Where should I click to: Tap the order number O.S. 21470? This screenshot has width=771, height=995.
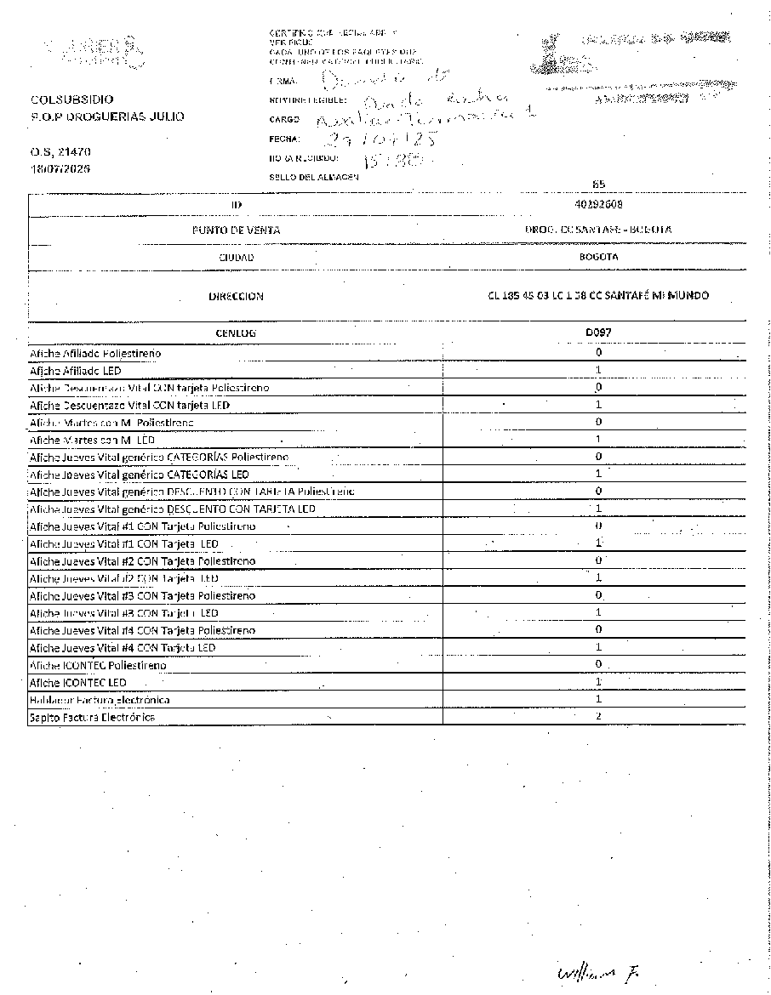click(x=60, y=151)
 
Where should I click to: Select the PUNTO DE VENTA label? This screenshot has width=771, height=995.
click(x=236, y=230)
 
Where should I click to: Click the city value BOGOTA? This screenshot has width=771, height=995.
click(x=598, y=256)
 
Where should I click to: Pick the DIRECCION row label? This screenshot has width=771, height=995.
click(x=236, y=297)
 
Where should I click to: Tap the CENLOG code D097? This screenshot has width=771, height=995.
click(x=598, y=333)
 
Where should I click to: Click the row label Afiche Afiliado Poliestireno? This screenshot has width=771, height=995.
click(x=95, y=352)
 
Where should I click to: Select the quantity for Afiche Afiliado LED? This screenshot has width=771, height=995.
click(x=598, y=370)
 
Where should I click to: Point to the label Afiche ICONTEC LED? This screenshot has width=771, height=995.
click(x=78, y=682)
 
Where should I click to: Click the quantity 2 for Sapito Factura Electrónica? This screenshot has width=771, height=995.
click(x=598, y=717)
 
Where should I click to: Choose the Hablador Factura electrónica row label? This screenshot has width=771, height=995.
click(x=100, y=700)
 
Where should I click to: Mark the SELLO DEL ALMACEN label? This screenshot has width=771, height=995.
click(x=313, y=177)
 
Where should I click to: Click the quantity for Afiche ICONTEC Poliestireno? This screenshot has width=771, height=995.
click(x=598, y=664)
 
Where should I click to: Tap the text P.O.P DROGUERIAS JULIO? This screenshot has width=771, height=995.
click(x=106, y=117)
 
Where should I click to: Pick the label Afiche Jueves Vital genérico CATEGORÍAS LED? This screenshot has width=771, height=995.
click(x=140, y=474)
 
